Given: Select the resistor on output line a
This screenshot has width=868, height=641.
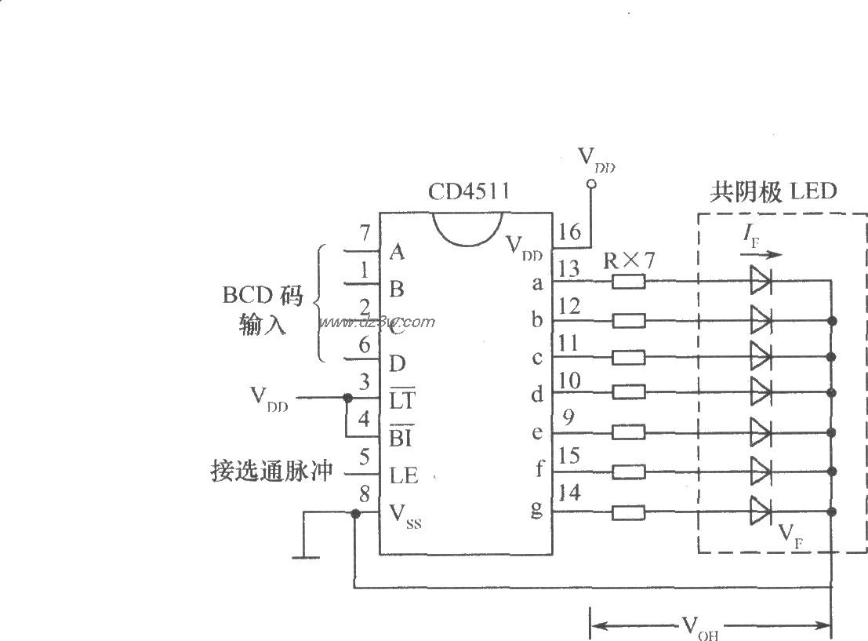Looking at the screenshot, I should [628, 282].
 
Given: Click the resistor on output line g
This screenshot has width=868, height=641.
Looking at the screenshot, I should [628, 512].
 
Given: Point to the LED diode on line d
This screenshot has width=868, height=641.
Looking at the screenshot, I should [761, 388].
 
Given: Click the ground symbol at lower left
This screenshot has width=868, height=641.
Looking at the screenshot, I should [305, 556].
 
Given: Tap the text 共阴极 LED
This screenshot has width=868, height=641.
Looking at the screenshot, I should [772, 191].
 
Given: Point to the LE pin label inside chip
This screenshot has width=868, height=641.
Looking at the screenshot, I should [404, 475].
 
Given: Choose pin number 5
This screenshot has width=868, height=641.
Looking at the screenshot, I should [363, 456].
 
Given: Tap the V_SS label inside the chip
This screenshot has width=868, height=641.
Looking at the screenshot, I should [405, 515].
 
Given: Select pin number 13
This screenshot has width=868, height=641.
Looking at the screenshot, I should [570, 269].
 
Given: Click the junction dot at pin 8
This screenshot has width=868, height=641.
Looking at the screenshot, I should [355, 513].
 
